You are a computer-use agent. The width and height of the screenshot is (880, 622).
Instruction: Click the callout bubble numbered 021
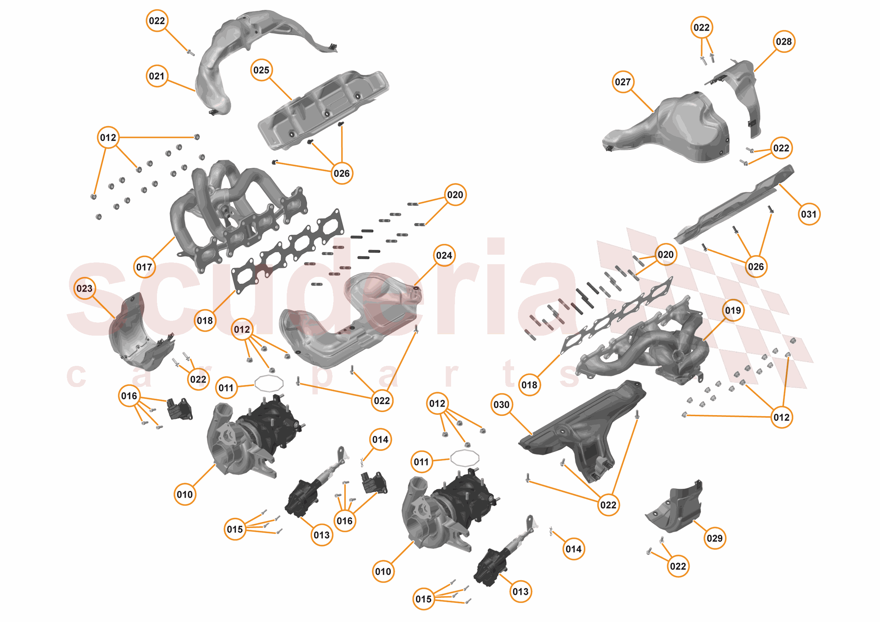(157, 76)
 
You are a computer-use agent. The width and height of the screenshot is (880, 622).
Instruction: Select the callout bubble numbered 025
(261, 70)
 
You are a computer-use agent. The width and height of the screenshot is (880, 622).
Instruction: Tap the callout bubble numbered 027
(622, 82)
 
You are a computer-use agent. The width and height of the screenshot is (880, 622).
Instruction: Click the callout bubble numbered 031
(809, 214)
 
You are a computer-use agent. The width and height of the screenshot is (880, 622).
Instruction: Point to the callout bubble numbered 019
(733, 310)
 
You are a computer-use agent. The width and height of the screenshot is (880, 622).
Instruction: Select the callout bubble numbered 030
(501, 404)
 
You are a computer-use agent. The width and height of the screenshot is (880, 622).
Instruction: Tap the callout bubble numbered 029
(714, 538)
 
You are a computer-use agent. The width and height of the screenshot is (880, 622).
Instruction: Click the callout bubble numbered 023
(84, 288)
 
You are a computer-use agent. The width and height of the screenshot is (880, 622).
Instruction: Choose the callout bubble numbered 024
(444, 255)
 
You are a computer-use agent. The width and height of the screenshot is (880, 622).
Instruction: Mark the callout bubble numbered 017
(144, 267)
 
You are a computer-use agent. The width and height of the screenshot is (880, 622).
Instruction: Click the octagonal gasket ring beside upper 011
(269, 383)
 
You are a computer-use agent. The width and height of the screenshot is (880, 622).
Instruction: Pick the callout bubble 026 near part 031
(755, 266)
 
